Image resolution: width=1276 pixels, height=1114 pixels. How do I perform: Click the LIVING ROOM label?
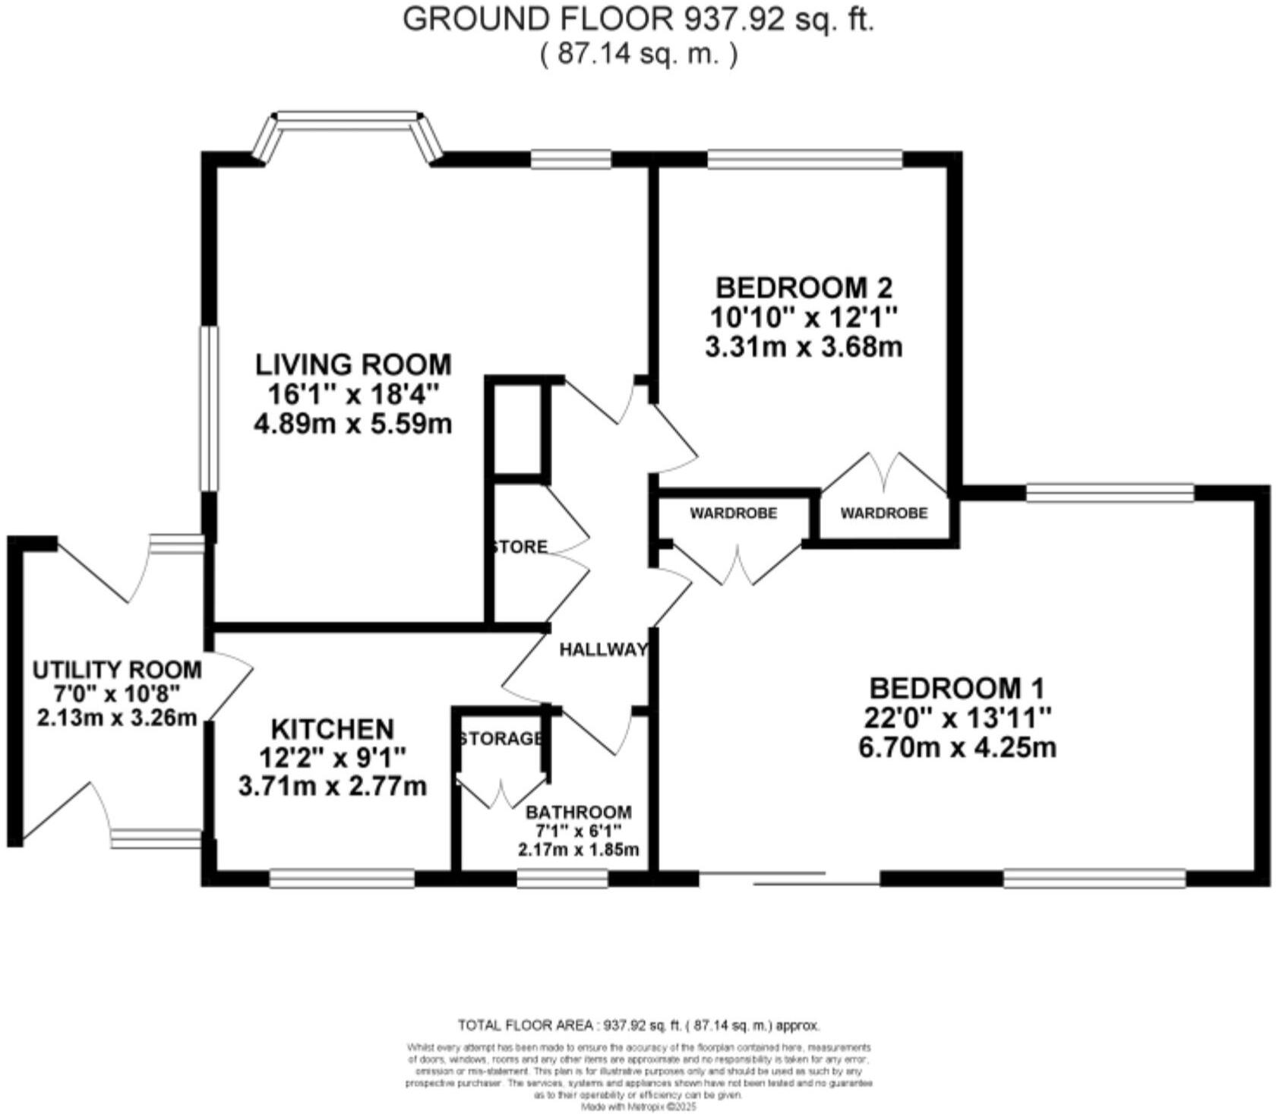pyautogui.click(x=353, y=364)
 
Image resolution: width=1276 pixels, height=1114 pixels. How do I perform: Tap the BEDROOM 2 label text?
pyautogui.click(x=804, y=288)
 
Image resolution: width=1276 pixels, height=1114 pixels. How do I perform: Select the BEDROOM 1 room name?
pyautogui.click(x=957, y=689)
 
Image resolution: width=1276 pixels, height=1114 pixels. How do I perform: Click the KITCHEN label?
pyautogui.click(x=333, y=729)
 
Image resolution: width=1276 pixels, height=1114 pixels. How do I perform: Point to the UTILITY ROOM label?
pyautogui.click(x=117, y=670)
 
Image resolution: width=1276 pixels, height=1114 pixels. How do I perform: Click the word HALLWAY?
pyautogui.click(x=603, y=649)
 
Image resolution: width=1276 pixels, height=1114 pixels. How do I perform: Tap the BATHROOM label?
pyautogui.click(x=578, y=812)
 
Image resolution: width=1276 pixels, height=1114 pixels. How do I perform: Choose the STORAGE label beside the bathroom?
pyautogui.click(x=501, y=739)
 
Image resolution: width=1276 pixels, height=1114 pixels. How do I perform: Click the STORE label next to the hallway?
pyautogui.click(x=520, y=547)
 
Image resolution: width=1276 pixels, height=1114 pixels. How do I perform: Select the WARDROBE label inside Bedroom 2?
pyautogui.click(x=883, y=513)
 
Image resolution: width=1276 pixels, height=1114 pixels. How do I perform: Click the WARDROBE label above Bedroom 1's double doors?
pyautogui.click(x=733, y=513)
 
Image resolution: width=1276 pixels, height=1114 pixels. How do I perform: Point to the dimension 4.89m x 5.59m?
pyautogui.click(x=353, y=424)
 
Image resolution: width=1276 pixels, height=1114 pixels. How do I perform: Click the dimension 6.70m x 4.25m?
pyautogui.click(x=957, y=748)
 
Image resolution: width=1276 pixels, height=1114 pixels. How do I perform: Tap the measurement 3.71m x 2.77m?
pyautogui.click(x=333, y=787)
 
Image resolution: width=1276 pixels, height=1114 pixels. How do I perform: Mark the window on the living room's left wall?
pyautogui.click(x=209, y=408)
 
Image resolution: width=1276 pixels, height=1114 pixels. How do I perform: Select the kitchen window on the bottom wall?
pyautogui.click(x=342, y=879)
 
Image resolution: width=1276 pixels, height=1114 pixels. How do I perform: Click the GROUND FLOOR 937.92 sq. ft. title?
pyautogui.click(x=638, y=21)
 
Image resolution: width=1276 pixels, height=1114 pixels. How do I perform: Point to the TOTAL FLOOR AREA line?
pyautogui.click(x=638, y=1025)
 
